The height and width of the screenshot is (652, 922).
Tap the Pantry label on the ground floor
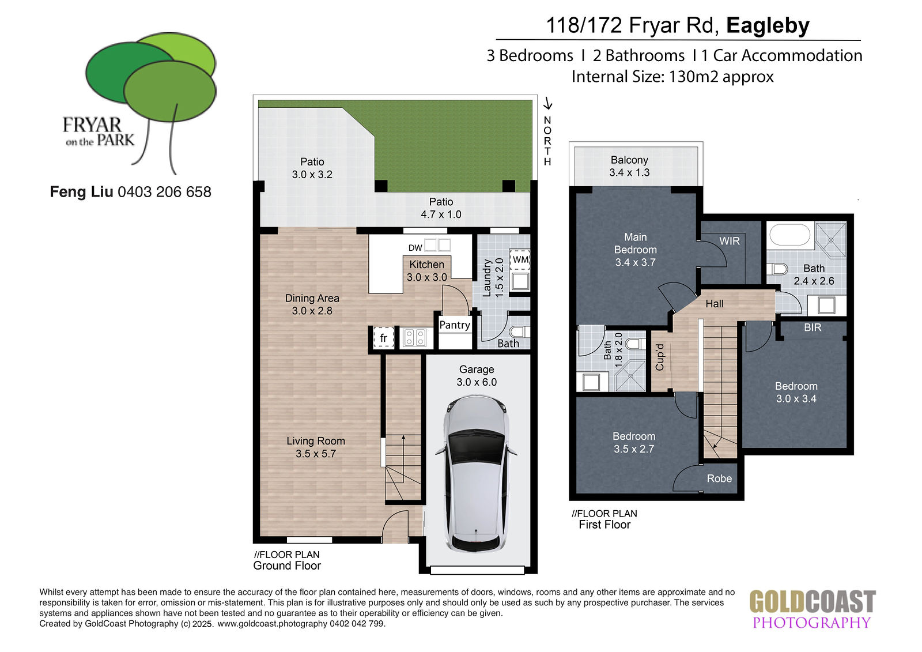[x=455, y=325]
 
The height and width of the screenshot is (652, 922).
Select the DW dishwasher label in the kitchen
[x=415, y=247]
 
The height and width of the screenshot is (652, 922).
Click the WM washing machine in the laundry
[x=519, y=259]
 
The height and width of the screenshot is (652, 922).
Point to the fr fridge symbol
[x=383, y=338]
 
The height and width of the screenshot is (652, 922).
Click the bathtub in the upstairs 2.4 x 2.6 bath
[x=790, y=235]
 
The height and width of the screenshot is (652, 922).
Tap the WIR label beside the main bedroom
[x=730, y=241]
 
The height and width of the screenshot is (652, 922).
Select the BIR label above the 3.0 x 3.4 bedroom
[x=813, y=327]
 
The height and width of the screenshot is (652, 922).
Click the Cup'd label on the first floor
[x=660, y=357]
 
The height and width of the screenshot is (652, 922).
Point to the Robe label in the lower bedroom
[x=719, y=478]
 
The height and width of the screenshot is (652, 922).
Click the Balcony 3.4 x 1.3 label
[x=629, y=166]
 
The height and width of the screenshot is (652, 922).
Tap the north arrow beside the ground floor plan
[x=547, y=103]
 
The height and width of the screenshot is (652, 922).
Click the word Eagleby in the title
[x=768, y=25]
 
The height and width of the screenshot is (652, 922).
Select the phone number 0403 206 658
[x=164, y=192]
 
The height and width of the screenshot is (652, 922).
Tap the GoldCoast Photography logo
[x=813, y=608]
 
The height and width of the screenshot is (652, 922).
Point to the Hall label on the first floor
[x=714, y=304]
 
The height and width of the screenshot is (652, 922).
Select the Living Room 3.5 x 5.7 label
[x=316, y=447]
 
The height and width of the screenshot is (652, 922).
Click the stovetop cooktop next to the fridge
[x=414, y=337]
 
